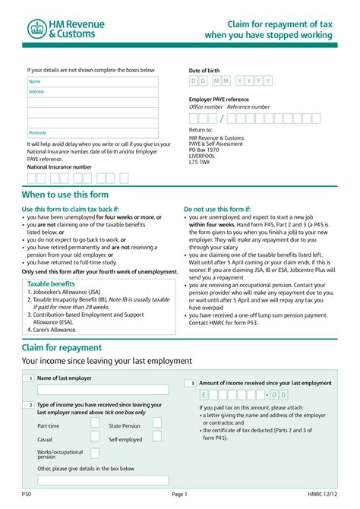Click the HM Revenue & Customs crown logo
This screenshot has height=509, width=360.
[37, 29]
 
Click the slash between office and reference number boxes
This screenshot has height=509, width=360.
[222, 119]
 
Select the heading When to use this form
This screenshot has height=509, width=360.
[71, 194]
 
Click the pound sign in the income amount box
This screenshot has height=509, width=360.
[204, 395]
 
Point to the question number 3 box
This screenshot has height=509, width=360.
[193, 384]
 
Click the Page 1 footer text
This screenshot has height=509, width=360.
[179, 495]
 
